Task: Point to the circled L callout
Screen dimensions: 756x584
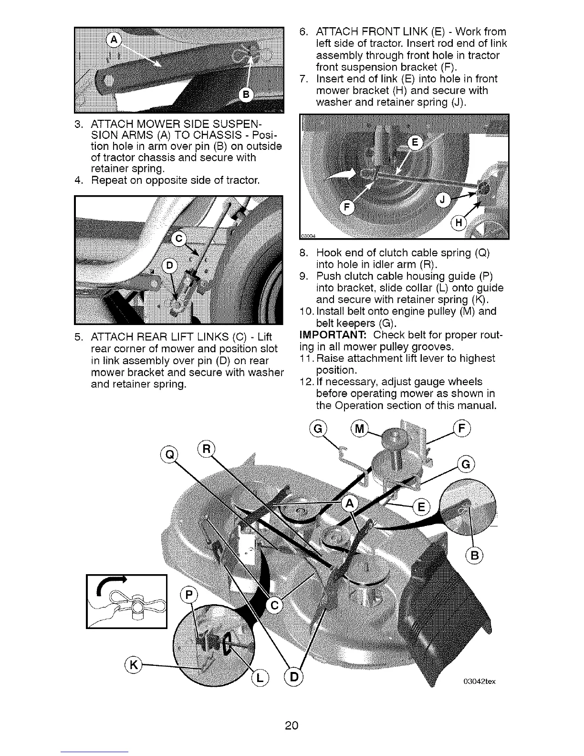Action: point(261,678)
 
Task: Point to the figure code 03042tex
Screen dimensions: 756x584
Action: point(479,681)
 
